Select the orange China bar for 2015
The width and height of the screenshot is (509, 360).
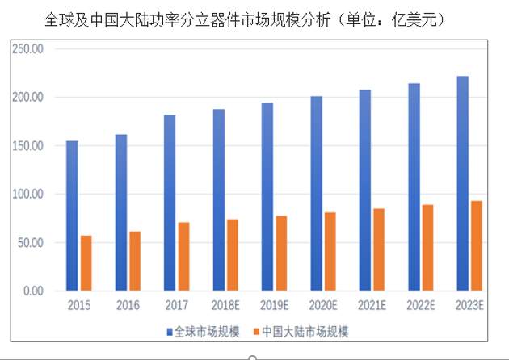click(86, 262)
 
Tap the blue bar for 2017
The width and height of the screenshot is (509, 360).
click(170, 203)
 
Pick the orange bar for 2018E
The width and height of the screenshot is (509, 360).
click(233, 254)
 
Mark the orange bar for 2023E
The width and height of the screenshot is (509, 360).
click(477, 245)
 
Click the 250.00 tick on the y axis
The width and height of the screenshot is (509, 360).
click(27, 49)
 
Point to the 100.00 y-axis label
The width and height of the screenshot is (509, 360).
click(27, 194)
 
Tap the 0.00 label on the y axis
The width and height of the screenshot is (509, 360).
click(32, 291)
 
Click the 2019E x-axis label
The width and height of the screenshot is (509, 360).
click(275, 307)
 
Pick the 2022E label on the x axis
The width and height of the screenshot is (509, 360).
click(421, 307)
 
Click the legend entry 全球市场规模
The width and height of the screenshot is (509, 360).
click(206, 331)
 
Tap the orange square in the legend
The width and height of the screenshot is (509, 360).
click(257, 332)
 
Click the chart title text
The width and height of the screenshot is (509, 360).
click(242, 18)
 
